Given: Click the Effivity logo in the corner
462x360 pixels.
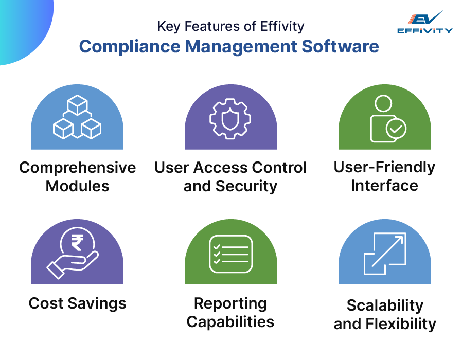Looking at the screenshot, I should pyautogui.click(x=424, y=23).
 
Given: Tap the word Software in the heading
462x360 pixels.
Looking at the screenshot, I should pyautogui.click(x=340, y=47).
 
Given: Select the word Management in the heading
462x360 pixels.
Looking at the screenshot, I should pyautogui.click(x=241, y=47).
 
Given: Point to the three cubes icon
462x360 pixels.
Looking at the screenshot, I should pyautogui.click(x=77, y=118).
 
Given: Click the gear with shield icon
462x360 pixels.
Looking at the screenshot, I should pyautogui.click(x=230, y=118).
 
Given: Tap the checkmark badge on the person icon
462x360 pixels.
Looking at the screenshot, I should pyautogui.click(x=396, y=129).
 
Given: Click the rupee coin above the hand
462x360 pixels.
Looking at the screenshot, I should pyautogui.click(x=77, y=242).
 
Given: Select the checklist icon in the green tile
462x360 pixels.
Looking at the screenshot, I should pyautogui.click(x=230, y=254).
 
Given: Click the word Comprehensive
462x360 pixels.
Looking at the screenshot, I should pyautogui.click(x=78, y=168).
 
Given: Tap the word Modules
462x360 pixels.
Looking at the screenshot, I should pyautogui.click(x=78, y=186).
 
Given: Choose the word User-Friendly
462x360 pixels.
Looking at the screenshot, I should pyautogui.click(x=384, y=167).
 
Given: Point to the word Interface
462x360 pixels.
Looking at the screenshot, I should pyautogui.click(x=384, y=185).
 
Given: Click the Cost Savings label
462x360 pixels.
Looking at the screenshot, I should pyautogui.click(x=78, y=303).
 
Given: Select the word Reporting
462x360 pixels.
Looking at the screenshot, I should pyautogui.click(x=230, y=303).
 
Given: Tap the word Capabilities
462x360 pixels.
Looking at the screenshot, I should pyautogui.click(x=230, y=322).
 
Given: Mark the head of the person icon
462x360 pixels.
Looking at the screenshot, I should pyautogui.click(x=383, y=103).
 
